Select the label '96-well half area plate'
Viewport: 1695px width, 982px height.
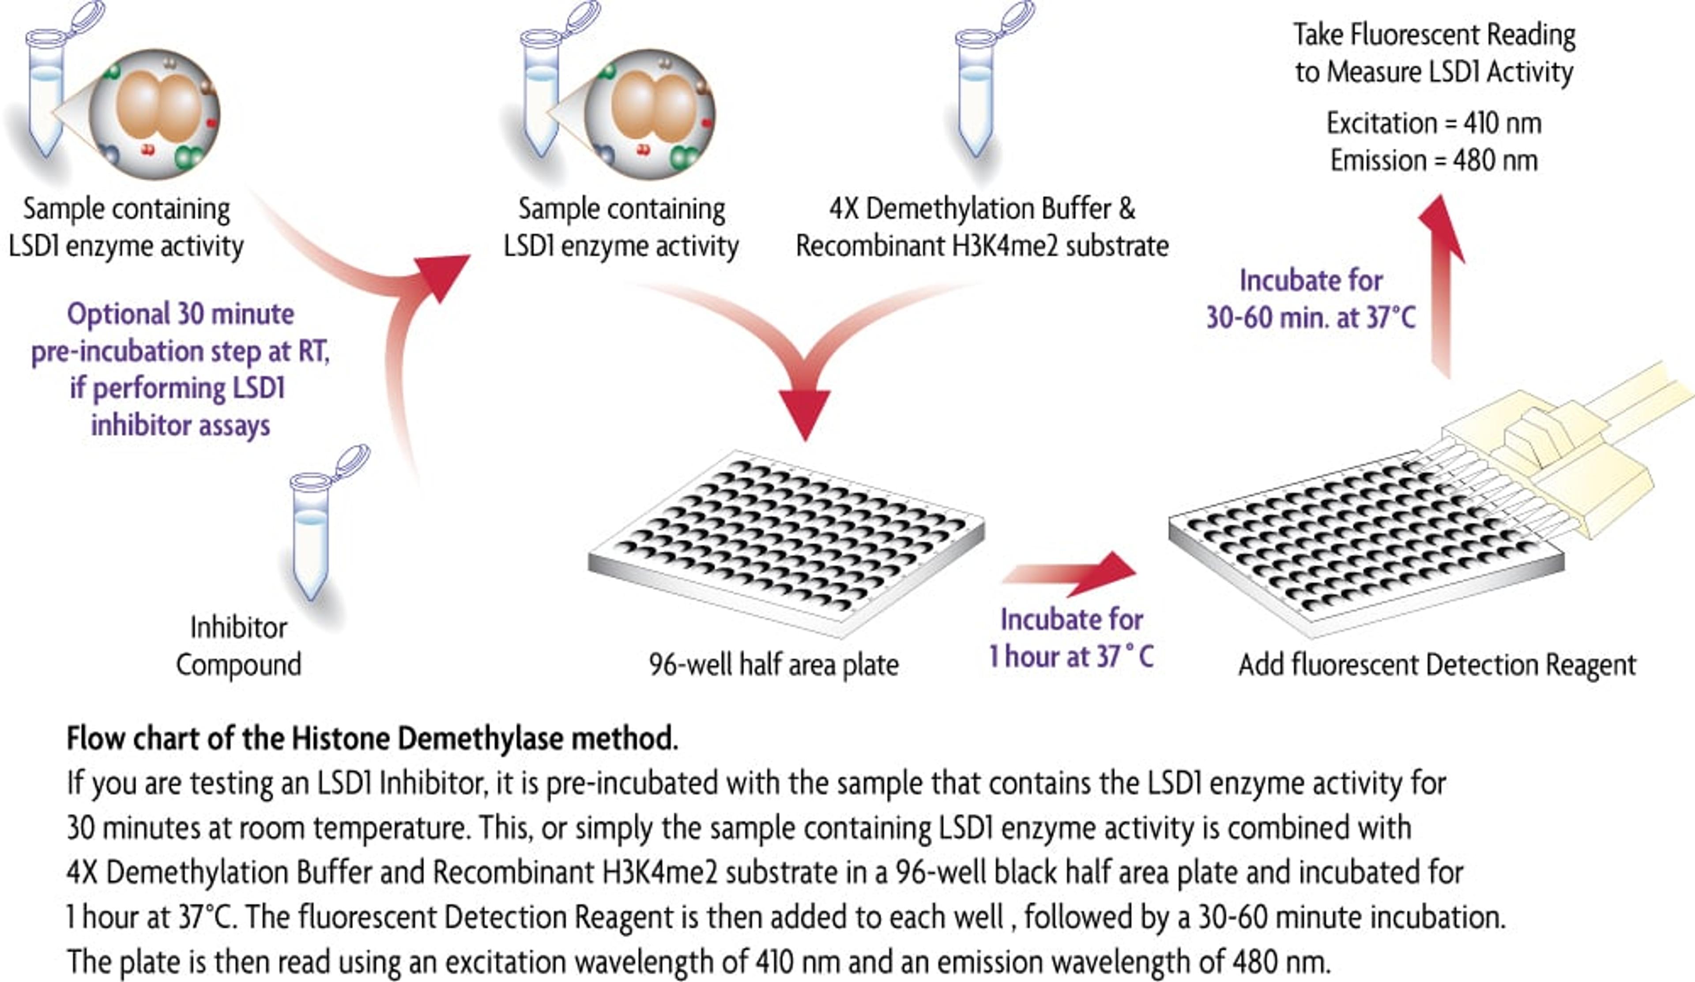click(773, 665)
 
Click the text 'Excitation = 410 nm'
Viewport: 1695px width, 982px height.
click(1434, 124)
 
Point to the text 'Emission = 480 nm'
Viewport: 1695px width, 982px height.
click(1434, 161)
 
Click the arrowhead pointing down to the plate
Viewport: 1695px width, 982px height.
click(805, 412)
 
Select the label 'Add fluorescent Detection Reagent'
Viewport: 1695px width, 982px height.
click(1437, 665)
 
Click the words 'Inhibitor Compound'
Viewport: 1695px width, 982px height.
click(239, 646)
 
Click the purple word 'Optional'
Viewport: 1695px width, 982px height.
click(118, 314)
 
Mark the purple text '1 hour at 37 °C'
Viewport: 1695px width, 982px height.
click(1071, 656)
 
